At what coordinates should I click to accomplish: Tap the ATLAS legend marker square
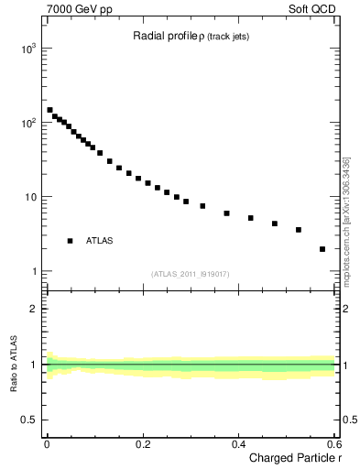pyautogui.click(x=71, y=241)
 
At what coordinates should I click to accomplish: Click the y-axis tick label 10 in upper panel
pyautogui.click(x=30, y=197)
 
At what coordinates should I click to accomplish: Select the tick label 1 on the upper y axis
pyautogui.click(x=33, y=272)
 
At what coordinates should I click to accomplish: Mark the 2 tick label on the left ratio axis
pyautogui.click(x=34, y=309)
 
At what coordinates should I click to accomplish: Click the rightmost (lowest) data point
pyautogui.click(x=322, y=249)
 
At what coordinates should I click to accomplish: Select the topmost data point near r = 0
pyautogui.click(x=49, y=110)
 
